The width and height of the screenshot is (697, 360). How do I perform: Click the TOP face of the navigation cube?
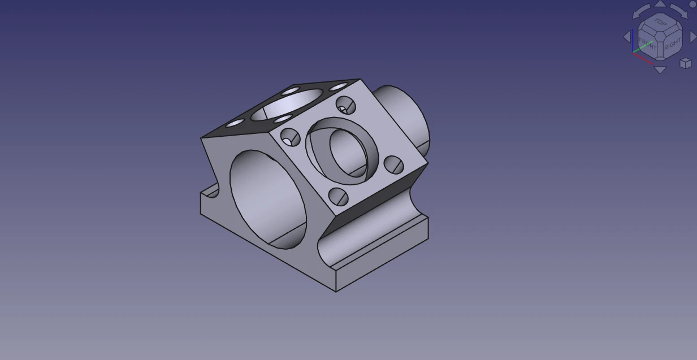pos(660,22)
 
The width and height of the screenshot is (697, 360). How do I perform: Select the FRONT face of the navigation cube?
pos(647,43)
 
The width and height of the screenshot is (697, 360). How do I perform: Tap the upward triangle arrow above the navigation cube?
pos(660,4)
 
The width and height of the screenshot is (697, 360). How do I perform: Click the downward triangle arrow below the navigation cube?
pos(660,70)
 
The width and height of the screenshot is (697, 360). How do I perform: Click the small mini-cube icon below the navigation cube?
pos(685,63)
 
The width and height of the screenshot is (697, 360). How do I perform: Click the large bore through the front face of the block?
pos(269,198)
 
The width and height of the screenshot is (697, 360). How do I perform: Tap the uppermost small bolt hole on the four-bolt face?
pos(345,105)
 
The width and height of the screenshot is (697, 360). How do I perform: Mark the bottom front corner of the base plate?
pos(336,291)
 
